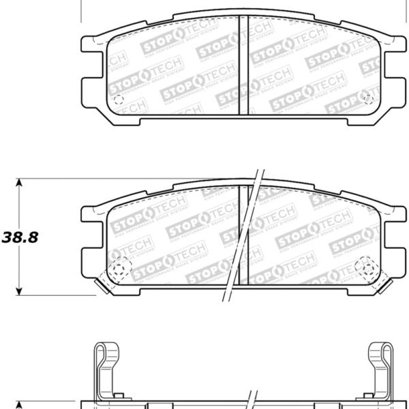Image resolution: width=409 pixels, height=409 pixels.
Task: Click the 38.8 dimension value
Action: [20, 238]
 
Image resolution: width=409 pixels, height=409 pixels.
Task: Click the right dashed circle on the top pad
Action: [368, 100]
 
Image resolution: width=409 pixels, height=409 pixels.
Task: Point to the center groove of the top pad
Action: [243, 68]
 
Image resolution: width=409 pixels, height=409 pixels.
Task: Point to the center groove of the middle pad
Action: [243, 235]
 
